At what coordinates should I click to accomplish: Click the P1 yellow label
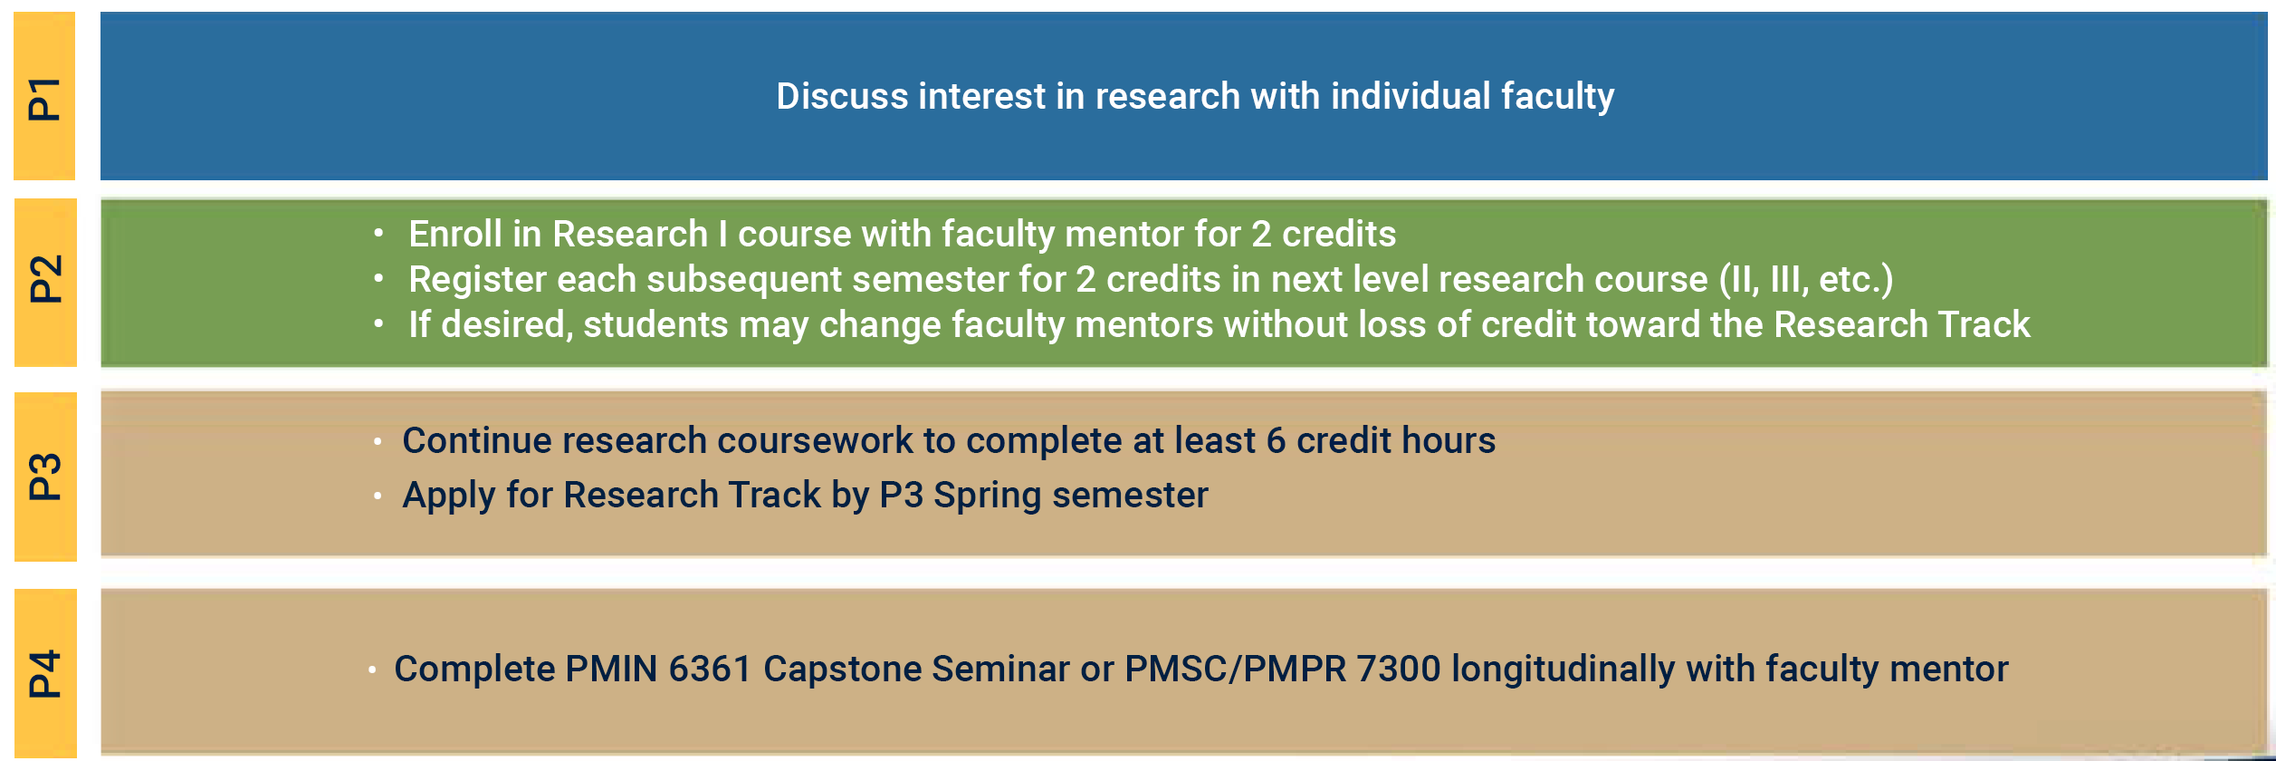click(x=44, y=97)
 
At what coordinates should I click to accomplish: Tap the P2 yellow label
click(x=45, y=281)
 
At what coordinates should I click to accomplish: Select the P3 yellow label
click(x=45, y=477)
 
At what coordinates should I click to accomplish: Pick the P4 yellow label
click(x=45, y=673)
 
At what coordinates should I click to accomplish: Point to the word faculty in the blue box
click(x=1557, y=96)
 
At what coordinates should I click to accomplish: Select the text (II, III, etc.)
click(x=1805, y=280)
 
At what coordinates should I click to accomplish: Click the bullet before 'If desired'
click(x=378, y=323)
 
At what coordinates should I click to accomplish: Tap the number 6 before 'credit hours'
click(x=1276, y=441)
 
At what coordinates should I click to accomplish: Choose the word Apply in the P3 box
click(x=449, y=496)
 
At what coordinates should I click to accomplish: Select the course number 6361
click(x=710, y=669)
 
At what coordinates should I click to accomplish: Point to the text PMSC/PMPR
click(x=1235, y=669)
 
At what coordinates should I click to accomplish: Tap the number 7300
click(x=1398, y=669)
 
